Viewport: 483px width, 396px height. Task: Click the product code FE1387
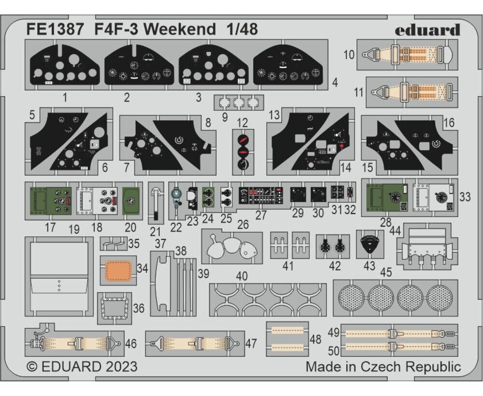55,29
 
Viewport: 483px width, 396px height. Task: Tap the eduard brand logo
427,30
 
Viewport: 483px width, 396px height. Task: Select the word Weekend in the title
180,29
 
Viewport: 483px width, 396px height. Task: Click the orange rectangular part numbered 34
118,270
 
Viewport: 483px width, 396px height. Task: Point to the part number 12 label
242,123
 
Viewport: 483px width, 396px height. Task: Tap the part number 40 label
242,276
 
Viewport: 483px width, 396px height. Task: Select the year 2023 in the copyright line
122,367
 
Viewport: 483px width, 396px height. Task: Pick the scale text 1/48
242,29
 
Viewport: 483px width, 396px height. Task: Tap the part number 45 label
386,272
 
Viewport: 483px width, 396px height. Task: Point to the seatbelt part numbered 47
195,343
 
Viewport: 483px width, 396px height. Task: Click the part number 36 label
139,308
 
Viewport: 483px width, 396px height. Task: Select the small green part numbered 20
130,201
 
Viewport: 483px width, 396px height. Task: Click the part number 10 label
349,55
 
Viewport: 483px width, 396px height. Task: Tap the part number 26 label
242,224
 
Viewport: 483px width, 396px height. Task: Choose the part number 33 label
465,197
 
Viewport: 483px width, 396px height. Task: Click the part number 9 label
225,117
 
